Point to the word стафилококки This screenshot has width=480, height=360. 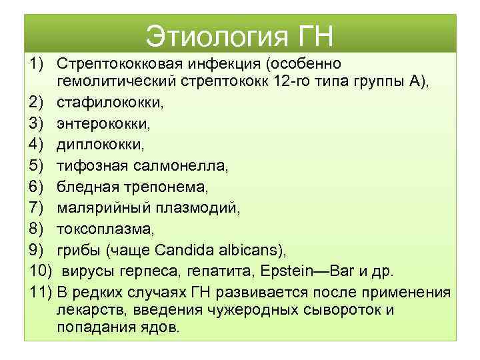point(110,103)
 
